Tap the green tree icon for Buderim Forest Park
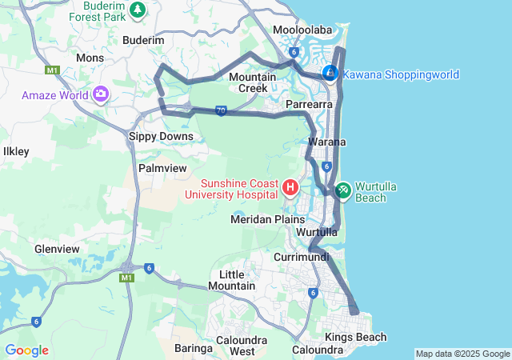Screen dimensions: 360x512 [138, 9]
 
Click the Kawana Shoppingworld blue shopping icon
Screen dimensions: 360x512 [330, 73]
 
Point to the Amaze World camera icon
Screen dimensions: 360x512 [101, 94]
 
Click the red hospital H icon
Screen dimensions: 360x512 [290, 189]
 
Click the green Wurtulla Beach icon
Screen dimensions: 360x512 [342, 189]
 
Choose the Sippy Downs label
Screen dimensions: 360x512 [161, 137]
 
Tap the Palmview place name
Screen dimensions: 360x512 [162, 169]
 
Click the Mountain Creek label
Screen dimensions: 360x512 [253, 82]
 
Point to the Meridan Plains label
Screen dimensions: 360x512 [267, 219]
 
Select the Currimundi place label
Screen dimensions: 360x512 [302, 258]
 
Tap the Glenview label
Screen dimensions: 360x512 [56, 249]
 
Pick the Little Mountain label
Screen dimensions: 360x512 [237, 280]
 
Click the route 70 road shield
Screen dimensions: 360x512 [221, 110]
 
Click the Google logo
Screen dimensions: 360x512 [26, 350]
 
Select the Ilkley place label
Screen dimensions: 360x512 [16, 150]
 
